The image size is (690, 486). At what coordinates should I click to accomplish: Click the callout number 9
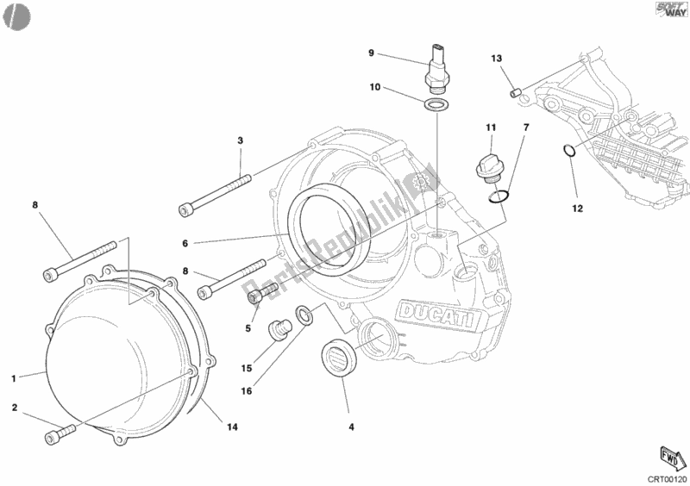371,53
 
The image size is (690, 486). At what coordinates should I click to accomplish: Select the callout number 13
497,59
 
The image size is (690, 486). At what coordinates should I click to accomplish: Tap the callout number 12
577,208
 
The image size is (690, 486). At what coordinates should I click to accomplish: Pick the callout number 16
247,390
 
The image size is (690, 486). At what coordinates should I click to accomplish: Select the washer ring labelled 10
436,105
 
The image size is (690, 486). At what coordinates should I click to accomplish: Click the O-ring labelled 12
569,153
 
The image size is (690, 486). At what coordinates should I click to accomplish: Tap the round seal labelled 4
339,358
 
